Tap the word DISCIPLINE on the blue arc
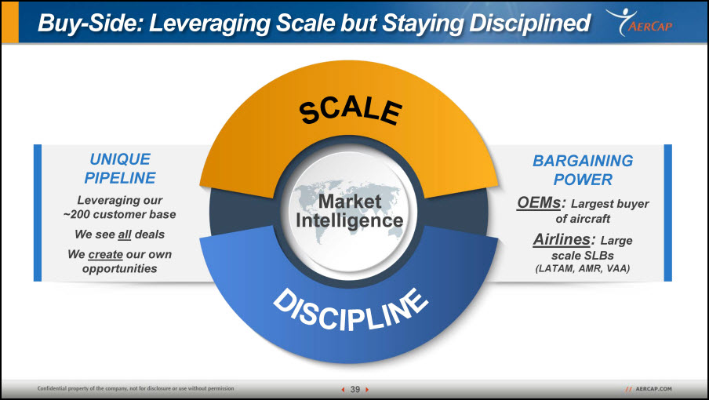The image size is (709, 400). click(x=351, y=310)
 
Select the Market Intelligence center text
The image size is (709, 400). click(x=350, y=211)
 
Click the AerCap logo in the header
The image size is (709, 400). click(x=639, y=22)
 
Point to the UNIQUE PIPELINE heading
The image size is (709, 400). click(x=120, y=168)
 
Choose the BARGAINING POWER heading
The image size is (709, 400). click(x=583, y=170)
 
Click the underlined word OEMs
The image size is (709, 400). click(x=539, y=202)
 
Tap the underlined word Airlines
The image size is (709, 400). click(x=561, y=239)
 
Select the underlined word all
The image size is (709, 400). click(x=125, y=235)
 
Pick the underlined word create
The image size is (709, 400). click(x=105, y=254)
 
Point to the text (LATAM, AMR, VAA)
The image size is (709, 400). click(x=583, y=268)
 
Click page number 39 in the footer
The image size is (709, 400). click(x=355, y=389)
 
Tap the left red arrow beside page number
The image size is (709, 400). click(x=343, y=389)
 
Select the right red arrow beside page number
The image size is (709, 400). click(x=367, y=389)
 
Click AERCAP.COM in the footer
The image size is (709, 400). click(x=653, y=389)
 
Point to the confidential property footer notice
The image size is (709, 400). click(x=136, y=388)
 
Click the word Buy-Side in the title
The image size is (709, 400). click(x=90, y=23)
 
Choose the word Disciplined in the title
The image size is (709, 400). click(x=529, y=23)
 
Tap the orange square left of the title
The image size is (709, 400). click(x=10, y=22)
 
